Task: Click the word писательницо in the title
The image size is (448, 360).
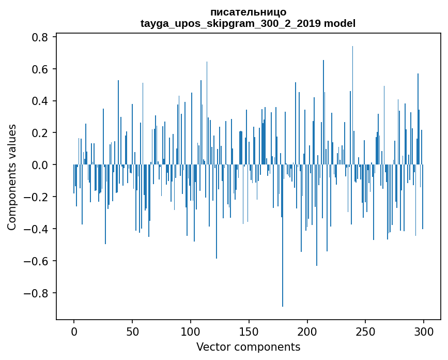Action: pyautogui.click(x=248, y=12)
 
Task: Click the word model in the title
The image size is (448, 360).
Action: pyautogui.click(x=339, y=23)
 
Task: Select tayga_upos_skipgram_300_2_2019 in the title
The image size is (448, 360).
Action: pyautogui.click(x=230, y=24)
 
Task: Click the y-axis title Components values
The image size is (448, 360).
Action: pyautogui.click(x=12, y=177)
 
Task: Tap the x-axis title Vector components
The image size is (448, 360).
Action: pyautogui.click(x=248, y=347)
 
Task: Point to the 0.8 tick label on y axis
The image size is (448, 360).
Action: pyautogui.click(x=40, y=37)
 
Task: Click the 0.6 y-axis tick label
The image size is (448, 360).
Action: pyautogui.click(x=40, y=69)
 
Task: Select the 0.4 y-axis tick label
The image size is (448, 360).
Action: pyautogui.click(x=40, y=101)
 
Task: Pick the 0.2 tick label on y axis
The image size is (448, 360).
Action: pyautogui.click(x=40, y=133)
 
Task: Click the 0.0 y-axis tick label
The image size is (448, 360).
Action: pyautogui.click(x=40, y=165)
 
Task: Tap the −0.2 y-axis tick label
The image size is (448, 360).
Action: pyautogui.click(x=36, y=197)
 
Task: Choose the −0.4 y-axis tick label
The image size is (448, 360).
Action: pyautogui.click(x=36, y=229)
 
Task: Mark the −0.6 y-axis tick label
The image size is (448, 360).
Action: pyautogui.click(x=36, y=261)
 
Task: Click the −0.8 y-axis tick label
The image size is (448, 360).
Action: pyautogui.click(x=36, y=293)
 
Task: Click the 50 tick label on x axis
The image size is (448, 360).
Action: pyautogui.click(x=132, y=332)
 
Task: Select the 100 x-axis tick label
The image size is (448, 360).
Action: pyautogui.click(x=190, y=332)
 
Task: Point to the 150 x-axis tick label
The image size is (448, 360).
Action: pyautogui.click(x=249, y=332)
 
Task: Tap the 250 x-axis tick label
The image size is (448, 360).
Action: pyautogui.click(x=365, y=332)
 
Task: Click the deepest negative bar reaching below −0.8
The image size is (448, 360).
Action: pyautogui.click(x=283, y=236)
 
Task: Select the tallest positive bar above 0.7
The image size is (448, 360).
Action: pyautogui.click(x=352, y=105)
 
